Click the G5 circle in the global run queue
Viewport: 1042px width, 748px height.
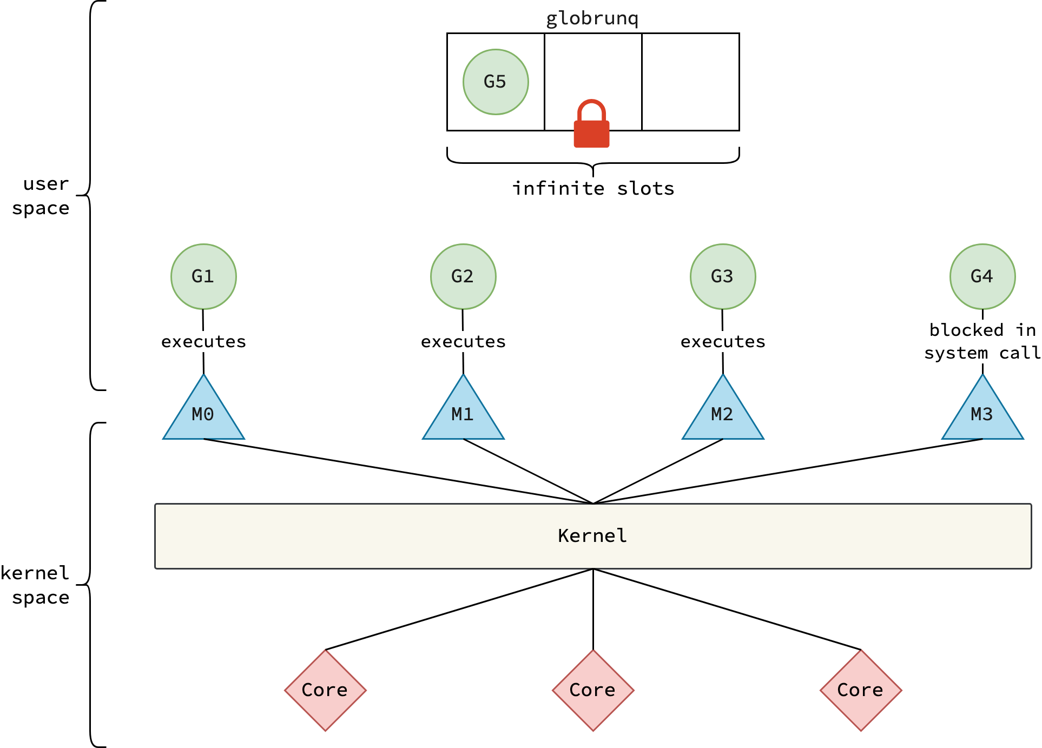tap(496, 82)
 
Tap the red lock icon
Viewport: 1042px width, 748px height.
tap(591, 125)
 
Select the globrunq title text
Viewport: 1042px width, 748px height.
tap(592, 18)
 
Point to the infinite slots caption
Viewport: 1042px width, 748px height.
tap(593, 188)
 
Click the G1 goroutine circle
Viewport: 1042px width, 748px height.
tap(203, 276)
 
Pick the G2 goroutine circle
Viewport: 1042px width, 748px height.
tap(463, 276)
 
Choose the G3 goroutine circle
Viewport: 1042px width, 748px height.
tap(723, 276)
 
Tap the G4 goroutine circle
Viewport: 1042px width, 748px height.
tap(982, 276)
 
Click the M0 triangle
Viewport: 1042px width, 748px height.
tap(203, 414)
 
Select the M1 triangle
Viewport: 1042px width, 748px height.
tap(463, 414)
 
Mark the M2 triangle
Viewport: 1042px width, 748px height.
tap(723, 414)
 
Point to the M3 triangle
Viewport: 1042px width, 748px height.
tap(982, 414)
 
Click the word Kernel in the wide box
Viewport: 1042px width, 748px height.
tap(592, 535)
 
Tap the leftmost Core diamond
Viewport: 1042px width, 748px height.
tap(325, 690)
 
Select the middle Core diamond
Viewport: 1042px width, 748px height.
tap(593, 690)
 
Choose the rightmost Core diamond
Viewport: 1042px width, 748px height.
tap(861, 690)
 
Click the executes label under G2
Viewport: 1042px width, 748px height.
tap(463, 341)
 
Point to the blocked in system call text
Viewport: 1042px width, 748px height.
tap(982, 341)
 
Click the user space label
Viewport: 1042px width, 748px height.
tap(41, 196)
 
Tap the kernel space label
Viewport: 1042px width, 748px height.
tap(36, 585)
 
